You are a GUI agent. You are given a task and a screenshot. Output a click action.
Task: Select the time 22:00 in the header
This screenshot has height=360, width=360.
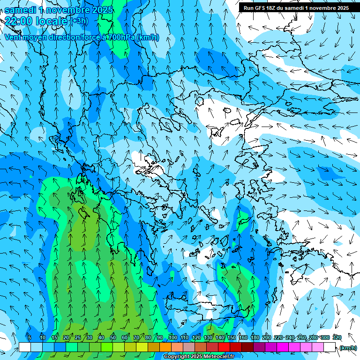20,21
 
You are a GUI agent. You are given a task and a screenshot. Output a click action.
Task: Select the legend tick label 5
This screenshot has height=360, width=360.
30,337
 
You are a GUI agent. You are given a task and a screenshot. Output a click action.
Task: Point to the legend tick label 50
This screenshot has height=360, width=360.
113,337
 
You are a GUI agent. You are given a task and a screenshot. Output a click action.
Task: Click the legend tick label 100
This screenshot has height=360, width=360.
173,337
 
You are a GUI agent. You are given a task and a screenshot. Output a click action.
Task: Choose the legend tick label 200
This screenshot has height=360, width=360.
267,337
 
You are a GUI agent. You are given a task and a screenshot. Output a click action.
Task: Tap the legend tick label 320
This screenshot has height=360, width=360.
337,337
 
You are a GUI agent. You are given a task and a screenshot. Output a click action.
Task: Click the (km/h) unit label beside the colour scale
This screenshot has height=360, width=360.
348,348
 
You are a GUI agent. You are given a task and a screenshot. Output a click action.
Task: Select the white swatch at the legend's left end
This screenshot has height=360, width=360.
24,347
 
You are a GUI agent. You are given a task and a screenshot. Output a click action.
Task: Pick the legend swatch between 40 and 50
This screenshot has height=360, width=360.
107,347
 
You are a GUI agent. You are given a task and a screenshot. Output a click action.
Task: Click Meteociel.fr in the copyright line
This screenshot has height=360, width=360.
216,357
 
